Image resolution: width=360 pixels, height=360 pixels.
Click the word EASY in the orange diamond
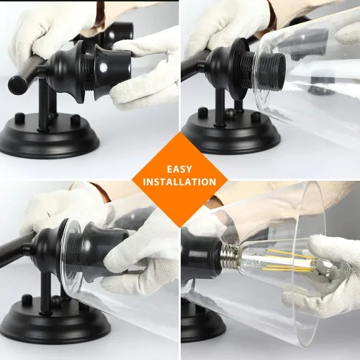pos(179,169)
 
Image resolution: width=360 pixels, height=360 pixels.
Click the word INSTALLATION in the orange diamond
pos(179,182)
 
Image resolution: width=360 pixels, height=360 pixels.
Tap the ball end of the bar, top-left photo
pos(17,83)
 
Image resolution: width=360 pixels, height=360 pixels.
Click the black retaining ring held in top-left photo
pos(113,72)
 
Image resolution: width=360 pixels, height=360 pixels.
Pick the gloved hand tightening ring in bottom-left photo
pos(142,257)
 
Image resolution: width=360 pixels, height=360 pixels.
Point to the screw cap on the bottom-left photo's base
pos(27,300)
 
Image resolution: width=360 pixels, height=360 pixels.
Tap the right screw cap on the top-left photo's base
pos(76,119)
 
